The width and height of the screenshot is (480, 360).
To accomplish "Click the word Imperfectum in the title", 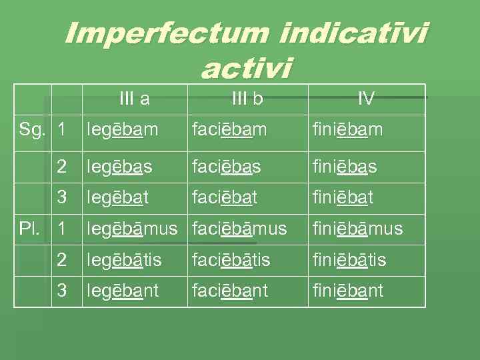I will point(167,35).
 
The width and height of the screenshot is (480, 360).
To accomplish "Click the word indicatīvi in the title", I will point(354,35).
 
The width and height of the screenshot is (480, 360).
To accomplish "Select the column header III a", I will point(134,99).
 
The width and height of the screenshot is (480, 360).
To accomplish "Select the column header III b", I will point(247,99).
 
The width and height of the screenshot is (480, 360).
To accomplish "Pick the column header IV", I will point(366,99).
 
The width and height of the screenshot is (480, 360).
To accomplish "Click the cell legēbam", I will point(122,131).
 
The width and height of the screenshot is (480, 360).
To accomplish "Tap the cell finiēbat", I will point(343,198).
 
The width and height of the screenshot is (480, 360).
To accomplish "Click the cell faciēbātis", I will point(231,260).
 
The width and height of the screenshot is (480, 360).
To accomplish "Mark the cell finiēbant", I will point(348,291).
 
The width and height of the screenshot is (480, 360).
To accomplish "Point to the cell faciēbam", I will point(229,131).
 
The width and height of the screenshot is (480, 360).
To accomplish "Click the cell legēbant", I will point(123,291).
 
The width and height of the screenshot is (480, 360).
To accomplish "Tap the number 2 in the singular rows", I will point(62,167).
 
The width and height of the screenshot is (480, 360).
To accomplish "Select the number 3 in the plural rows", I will point(62,291).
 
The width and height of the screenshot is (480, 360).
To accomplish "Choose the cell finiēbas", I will point(345,167).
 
